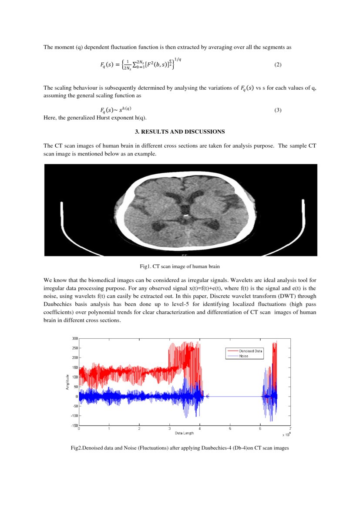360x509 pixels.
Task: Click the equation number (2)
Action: point(278,65)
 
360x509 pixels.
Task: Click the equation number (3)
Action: point(278,110)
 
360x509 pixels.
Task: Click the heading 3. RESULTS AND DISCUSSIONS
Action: point(180,131)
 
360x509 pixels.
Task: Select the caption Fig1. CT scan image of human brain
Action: point(180,266)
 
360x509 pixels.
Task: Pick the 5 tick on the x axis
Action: point(230,429)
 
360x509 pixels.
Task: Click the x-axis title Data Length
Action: point(185,433)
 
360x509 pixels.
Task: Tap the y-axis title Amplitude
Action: point(68,381)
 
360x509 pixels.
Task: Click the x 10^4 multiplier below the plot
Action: point(286,434)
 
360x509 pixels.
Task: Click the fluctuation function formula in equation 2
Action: point(138,64)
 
